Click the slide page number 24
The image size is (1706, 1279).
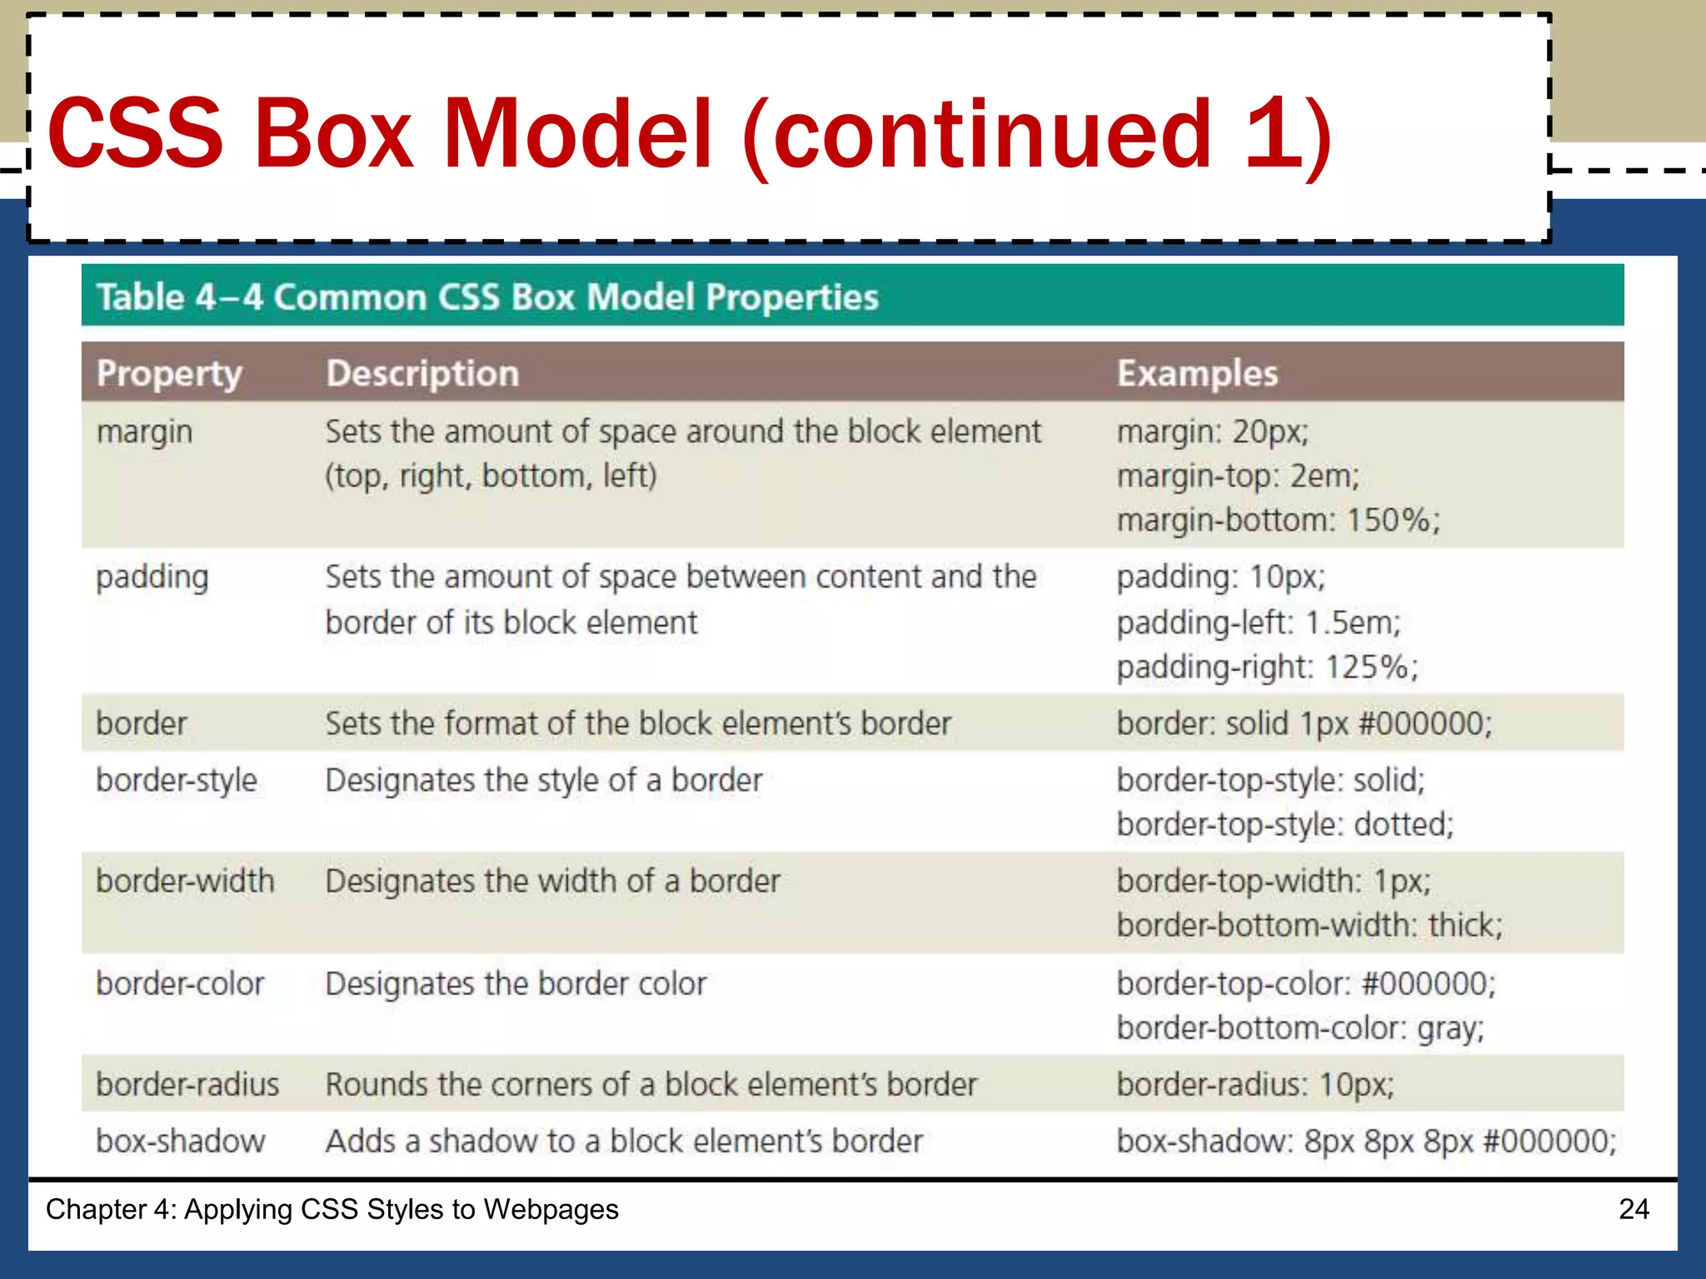[1634, 1209]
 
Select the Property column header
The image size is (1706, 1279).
[169, 374]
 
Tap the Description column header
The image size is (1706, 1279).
[422, 374]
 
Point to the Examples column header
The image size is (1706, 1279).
[1197, 374]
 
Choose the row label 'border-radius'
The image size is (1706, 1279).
[187, 1085]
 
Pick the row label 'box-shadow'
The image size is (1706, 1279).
[181, 1142]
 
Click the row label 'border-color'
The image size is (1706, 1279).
[180, 984]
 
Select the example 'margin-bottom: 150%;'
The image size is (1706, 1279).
[1278, 520]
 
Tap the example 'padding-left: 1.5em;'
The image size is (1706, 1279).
[1259, 623]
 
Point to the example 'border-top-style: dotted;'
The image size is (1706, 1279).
[1284, 825]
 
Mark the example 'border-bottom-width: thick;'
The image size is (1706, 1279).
[1309, 926]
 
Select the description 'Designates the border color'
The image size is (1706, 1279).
[516, 984]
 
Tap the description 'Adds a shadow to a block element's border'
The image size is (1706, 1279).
[624, 1142]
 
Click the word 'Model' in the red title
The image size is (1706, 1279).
[577, 133]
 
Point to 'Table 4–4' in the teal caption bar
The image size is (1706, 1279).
[179, 297]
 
